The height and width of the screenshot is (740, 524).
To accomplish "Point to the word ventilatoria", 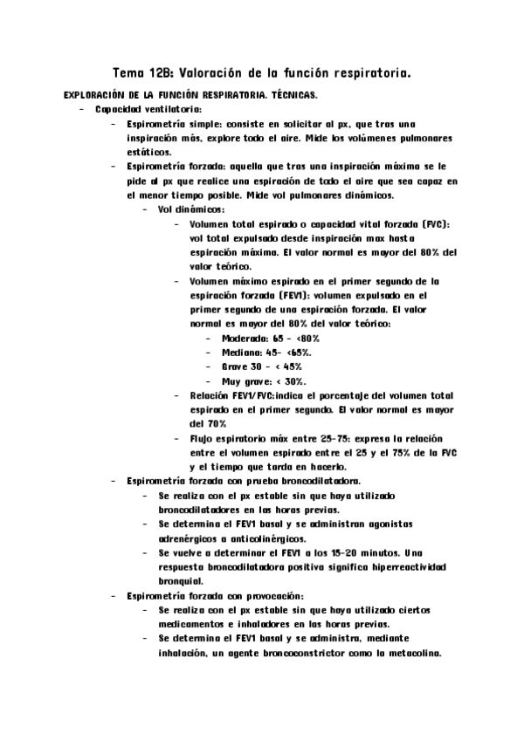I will pos(172,109).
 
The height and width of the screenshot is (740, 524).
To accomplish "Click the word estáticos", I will pos(148,151).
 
